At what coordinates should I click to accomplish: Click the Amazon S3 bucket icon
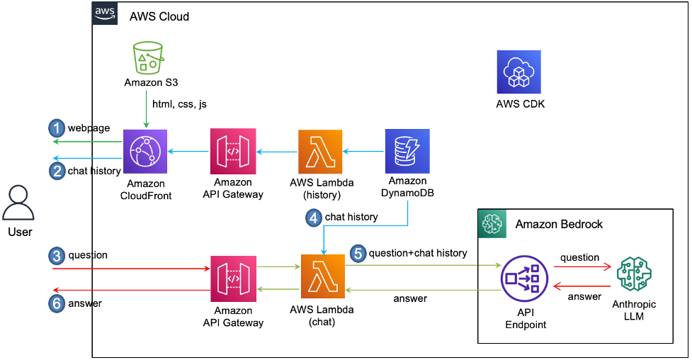click(148, 57)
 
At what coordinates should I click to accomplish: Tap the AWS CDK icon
click(518, 72)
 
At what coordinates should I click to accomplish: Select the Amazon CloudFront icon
click(145, 152)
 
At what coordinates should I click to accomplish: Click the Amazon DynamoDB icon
click(407, 151)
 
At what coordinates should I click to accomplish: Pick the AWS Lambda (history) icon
click(320, 152)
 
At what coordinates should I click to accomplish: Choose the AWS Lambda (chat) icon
click(322, 276)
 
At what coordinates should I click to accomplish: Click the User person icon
click(18, 203)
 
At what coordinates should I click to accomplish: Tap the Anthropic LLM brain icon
click(634, 274)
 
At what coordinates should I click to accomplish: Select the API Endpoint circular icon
click(524, 279)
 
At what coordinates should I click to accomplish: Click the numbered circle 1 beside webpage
click(57, 128)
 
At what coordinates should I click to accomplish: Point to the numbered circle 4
click(314, 218)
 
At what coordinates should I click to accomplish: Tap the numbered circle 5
click(358, 254)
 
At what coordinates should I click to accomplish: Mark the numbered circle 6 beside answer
click(57, 303)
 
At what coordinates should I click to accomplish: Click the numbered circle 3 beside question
click(57, 256)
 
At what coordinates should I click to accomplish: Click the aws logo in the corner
click(105, 13)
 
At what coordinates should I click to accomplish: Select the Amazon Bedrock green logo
click(492, 224)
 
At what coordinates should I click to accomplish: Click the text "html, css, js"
click(180, 104)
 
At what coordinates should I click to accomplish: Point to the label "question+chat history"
click(418, 253)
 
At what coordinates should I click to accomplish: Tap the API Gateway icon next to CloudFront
click(233, 152)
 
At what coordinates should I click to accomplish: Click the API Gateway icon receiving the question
click(233, 279)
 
